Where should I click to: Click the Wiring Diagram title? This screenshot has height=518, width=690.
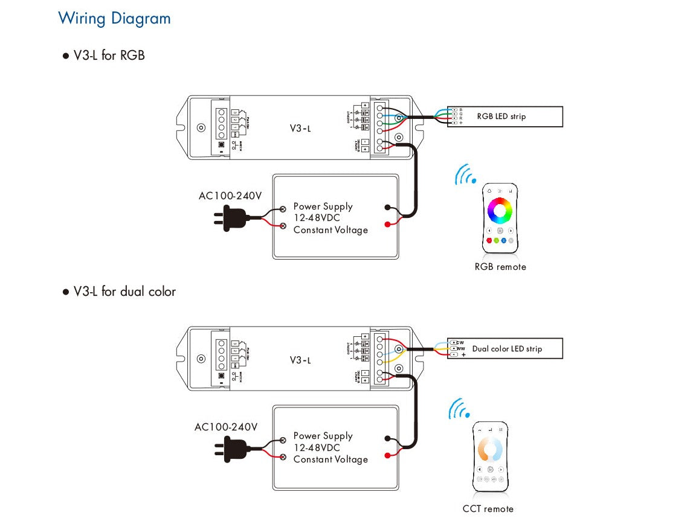point(114,18)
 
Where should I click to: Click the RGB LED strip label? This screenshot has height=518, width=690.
point(501,117)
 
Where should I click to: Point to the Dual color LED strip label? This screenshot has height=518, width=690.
point(507,349)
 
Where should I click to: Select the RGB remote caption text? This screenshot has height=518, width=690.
point(500,267)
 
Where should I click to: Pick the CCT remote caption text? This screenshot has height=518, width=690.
point(488,508)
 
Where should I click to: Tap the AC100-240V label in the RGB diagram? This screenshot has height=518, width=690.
point(230,196)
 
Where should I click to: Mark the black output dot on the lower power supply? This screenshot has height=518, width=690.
point(387,440)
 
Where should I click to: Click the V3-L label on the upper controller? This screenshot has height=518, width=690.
point(300,128)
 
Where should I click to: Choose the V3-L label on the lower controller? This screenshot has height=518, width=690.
point(300,360)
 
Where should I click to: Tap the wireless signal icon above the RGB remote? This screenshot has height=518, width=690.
point(465,174)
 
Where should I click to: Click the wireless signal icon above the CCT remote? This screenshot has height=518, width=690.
point(459,409)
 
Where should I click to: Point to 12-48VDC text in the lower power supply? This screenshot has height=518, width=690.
point(317,448)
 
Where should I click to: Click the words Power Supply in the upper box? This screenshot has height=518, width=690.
point(323,206)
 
